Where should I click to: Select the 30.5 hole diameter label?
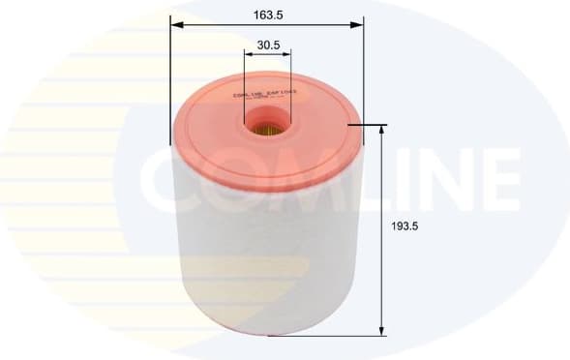268,45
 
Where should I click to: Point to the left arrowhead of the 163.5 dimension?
175,26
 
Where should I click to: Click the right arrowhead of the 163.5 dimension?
358,26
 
